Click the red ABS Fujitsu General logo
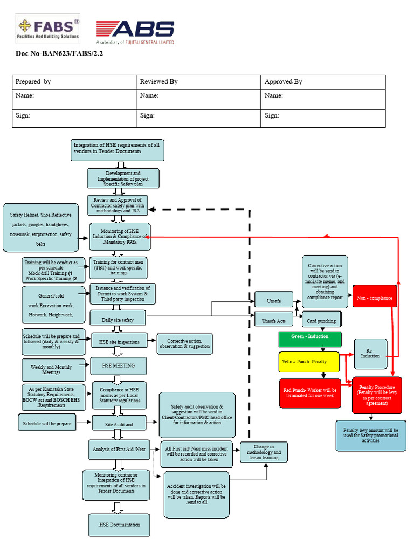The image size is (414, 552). click(135, 32)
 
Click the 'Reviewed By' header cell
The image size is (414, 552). click(198, 82)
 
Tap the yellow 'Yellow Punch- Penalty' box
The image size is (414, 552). click(309, 361)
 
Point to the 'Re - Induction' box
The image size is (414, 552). click(370, 354)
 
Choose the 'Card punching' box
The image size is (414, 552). click(321, 320)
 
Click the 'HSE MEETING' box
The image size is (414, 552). click(118, 365)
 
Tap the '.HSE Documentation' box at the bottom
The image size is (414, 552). click(119, 525)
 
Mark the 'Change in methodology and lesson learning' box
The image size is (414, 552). click(264, 452)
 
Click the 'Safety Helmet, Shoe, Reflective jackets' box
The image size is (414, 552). click(42, 227)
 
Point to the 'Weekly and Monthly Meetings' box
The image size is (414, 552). click(53, 370)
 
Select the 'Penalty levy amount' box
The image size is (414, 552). click(370, 435)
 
